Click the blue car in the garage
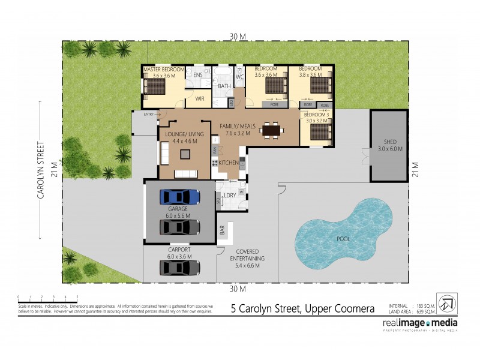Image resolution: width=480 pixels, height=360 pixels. click(x=181, y=196)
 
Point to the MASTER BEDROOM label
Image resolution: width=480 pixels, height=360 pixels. click(x=164, y=70)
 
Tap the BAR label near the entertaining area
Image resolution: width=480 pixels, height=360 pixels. click(x=222, y=229)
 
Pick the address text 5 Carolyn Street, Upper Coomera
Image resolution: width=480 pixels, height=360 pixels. click(x=303, y=309)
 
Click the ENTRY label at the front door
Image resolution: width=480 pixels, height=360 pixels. click(x=149, y=114)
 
